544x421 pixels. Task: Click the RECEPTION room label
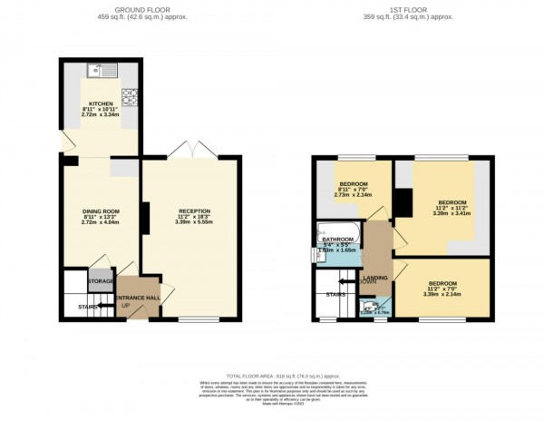[194, 212]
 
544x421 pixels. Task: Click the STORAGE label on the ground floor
[101, 282]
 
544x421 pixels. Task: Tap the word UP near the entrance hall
[125, 306]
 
